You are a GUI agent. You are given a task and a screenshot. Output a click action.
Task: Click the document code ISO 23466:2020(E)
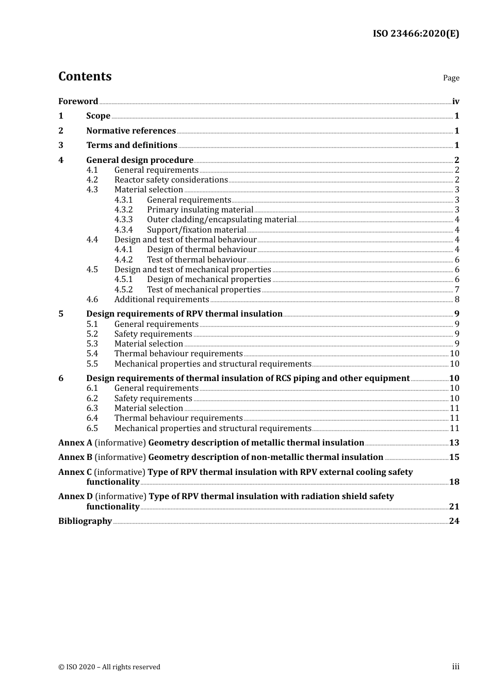coord(416,34)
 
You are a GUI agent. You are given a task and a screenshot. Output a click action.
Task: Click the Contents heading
coord(85,76)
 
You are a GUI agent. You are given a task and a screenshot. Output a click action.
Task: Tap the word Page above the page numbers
coord(451,78)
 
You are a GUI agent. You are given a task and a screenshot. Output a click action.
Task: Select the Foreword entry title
coord(78,102)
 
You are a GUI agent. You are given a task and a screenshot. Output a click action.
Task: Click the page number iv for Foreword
coord(455,102)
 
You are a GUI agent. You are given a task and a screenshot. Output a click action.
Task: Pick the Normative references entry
coord(131,131)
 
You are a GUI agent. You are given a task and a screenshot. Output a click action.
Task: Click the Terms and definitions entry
coord(132,145)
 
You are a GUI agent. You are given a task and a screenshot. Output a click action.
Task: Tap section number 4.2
coord(92,180)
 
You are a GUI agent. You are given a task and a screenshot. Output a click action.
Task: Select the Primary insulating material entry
coord(200,210)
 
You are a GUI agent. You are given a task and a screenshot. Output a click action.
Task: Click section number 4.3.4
coord(123,230)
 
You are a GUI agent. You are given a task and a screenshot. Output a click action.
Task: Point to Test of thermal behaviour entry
coord(196,260)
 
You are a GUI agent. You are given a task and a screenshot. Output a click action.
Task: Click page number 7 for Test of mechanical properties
coord(456,290)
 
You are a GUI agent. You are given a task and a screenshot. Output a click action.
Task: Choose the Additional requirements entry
coord(161,300)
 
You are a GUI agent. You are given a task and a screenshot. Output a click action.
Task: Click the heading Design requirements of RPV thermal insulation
coord(184,314)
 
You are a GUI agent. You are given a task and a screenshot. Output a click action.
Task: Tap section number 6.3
coord(92,408)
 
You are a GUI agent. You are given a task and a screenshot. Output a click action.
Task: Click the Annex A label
coord(75,443)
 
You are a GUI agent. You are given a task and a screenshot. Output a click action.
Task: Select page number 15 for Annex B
coord(454,457)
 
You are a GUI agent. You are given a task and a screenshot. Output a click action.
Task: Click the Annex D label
coord(75,497)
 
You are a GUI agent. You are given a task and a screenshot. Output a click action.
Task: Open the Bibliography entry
coord(85,521)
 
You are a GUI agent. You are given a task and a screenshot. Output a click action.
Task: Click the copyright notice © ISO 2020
coord(109,667)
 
